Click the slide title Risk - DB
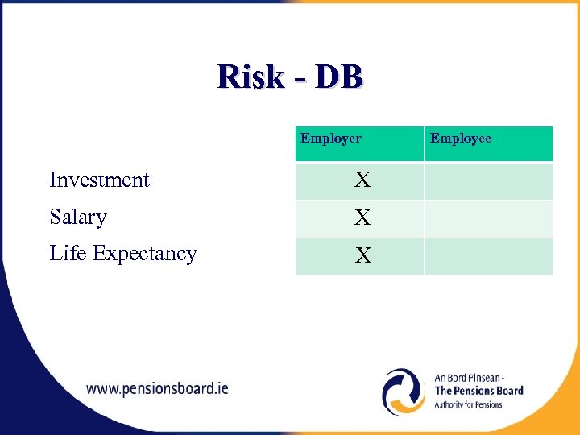point(290,77)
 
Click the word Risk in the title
point(251,77)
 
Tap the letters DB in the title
point(338,77)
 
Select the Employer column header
point(331,139)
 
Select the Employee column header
point(460,139)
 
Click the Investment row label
point(99,180)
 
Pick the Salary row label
point(78,217)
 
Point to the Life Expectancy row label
point(122,253)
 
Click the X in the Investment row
point(363,180)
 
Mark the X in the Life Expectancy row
point(363,256)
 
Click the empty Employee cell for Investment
point(488,180)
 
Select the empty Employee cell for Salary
point(488,218)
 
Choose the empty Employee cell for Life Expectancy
point(488,256)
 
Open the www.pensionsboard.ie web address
point(157,388)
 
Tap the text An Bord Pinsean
point(469,377)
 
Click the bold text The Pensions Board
point(478,391)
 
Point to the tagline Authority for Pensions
point(468,404)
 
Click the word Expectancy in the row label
point(145,253)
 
